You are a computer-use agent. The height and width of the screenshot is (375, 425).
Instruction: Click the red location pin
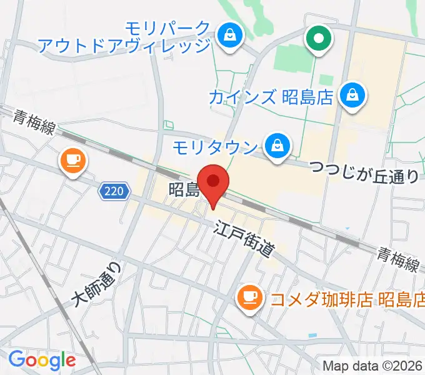point(214,184)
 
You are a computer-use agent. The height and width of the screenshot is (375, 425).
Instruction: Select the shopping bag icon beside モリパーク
point(231,35)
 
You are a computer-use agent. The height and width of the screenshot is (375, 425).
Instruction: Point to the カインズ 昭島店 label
point(269,97)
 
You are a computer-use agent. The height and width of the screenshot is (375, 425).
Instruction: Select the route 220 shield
point(114,191)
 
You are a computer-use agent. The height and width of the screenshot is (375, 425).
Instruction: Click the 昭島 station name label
point(183,189)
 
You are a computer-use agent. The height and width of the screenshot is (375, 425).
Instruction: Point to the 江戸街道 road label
point(244,239)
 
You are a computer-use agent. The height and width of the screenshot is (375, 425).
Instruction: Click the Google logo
point(42,360)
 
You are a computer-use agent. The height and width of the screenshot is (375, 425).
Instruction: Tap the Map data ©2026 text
point(373,366)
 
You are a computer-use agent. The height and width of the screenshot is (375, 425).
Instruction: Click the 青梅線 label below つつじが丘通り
point(397,258)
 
